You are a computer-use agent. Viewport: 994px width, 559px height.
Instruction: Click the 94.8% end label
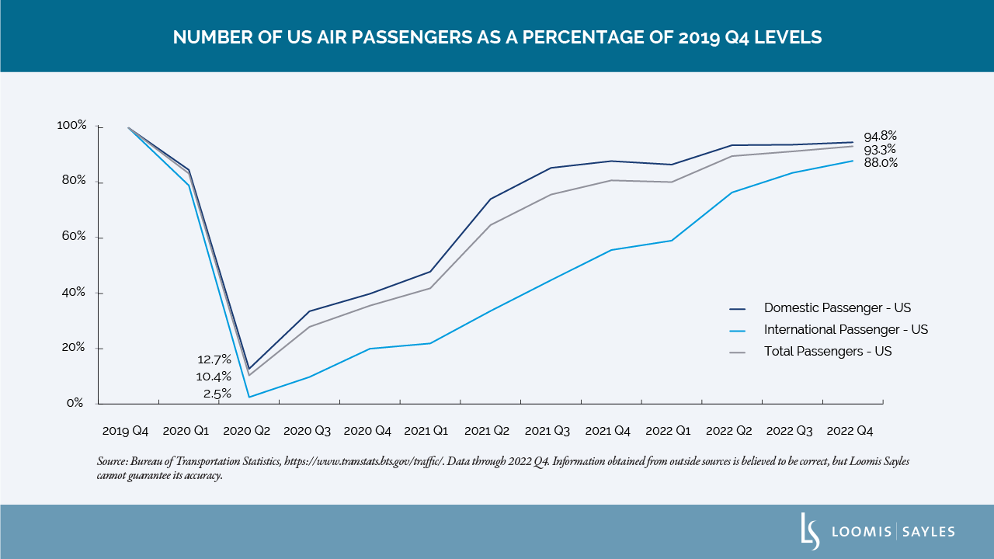880,136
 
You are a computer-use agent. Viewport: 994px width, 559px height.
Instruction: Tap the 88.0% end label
880,163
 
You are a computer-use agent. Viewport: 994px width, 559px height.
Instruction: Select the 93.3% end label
880,149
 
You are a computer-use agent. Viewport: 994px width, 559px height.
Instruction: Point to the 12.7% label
214,359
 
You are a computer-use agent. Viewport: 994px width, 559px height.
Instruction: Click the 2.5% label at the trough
217,394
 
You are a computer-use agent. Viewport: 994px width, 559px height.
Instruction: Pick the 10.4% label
214,377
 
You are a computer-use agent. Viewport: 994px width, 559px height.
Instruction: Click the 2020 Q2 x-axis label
247,430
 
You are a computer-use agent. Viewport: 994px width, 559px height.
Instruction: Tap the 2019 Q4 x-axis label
126,430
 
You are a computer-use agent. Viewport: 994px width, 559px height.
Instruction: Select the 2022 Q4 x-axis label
850,430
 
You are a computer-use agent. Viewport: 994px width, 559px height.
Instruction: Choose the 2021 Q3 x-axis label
547,430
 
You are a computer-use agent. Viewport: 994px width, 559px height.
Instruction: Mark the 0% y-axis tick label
75,403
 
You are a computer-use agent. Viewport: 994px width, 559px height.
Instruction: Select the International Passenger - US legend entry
846,329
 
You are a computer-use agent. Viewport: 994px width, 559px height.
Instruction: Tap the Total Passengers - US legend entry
828,351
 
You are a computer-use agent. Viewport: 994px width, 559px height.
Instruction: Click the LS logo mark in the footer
810,531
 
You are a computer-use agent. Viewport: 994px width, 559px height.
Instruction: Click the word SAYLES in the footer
929,532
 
